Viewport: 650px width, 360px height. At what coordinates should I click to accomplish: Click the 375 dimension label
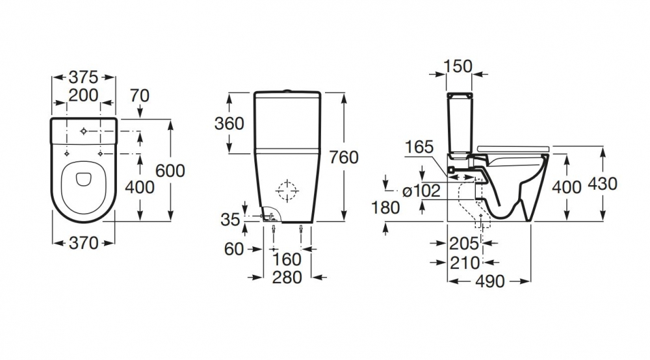[83, 75]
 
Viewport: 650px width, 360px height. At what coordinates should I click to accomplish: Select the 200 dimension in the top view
[83, 96]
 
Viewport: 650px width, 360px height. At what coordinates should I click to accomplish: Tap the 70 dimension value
[139, 96]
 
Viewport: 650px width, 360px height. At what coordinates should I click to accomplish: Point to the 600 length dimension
[171, 170]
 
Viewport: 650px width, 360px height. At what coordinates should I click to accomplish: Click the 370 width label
[83, 244]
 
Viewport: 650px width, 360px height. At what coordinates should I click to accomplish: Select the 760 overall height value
[344, 157]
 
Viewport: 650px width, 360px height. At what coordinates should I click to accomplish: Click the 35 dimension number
[230, 220]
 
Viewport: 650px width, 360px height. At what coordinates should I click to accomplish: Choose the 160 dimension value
[287, 259]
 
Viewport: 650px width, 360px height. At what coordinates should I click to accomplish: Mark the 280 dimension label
[287, 277]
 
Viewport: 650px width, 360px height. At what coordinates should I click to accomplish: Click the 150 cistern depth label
[458, 66]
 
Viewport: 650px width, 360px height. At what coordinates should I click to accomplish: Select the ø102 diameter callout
[422, 191]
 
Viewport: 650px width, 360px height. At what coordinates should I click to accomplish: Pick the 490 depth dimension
[490, 281]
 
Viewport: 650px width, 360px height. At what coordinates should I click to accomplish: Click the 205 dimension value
[464, 244]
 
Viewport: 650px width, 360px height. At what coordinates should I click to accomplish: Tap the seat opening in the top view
[83, 184]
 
